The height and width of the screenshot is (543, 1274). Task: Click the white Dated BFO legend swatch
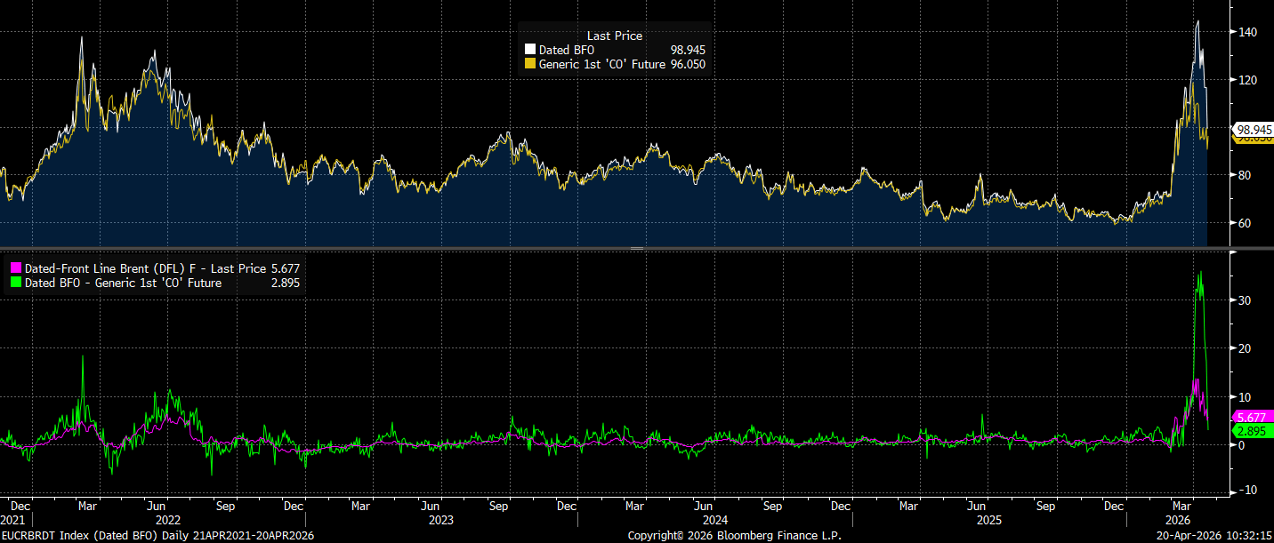(x=530, y=50)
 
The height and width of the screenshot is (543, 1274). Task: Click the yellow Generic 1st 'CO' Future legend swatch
(x=530, y=64)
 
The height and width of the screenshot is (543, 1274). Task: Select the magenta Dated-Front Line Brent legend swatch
(x=14, y=268)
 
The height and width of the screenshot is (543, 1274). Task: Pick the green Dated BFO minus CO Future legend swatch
(x=14, y=283)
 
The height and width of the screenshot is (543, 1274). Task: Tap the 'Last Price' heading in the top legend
(x=614, y=36)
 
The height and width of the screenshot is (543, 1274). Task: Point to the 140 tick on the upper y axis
(x=1247, y=32)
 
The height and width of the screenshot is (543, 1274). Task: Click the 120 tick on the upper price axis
(x=1247, y=80)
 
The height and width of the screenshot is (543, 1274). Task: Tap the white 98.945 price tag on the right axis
(x=1254, y=129)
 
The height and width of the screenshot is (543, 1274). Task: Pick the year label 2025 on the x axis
(x=989, y=518)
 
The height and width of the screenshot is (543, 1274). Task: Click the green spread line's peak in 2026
(x=1201, y=272)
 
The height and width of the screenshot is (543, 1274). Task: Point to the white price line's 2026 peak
(x=1197, y=21)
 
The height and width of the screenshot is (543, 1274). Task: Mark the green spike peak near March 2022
(x=83, y=356)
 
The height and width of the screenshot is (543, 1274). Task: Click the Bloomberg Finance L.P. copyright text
(x=734, y=536)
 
